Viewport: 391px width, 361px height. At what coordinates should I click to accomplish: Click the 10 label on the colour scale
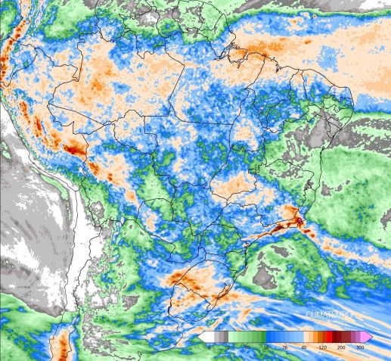tap(247, 347)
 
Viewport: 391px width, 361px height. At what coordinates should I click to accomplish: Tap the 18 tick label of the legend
tap(265, 347)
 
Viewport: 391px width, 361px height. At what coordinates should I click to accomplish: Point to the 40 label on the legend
tap(303, 347)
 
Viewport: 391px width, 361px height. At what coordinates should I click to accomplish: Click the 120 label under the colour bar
tap(322, 347)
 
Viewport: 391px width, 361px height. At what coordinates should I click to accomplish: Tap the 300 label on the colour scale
tap(360, 347)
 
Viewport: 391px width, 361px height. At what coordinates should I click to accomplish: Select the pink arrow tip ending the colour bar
tap(368, 336)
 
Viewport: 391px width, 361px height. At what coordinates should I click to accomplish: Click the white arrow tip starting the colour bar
tap(203, 336)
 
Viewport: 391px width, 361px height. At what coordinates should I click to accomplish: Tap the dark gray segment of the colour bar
tap(220, 336)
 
